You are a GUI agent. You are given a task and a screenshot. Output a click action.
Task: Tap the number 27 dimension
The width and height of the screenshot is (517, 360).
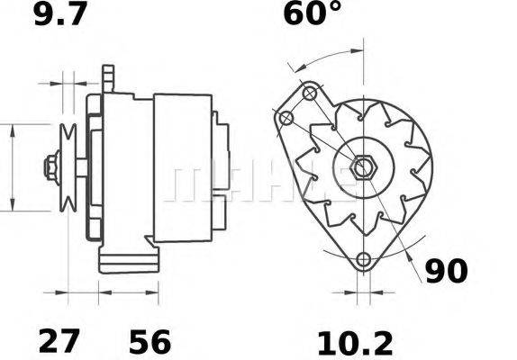[59, 341]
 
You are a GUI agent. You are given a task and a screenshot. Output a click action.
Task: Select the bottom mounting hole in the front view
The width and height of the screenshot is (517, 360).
[363, 260]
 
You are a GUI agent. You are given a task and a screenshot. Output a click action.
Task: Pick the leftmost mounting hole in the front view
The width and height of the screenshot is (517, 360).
[286, 119]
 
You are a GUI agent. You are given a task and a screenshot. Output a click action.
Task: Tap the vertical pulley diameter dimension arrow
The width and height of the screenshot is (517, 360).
[12, 167]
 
